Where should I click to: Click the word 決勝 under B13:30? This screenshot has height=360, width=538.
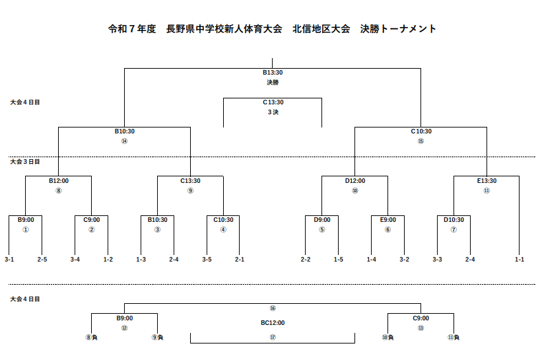click(x=273, y=83)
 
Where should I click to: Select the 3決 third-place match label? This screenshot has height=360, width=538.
click(x=273, y=112)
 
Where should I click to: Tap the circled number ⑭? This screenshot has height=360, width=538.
click(x=124, y=141)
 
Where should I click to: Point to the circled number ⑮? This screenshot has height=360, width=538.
click(x=421, y=141)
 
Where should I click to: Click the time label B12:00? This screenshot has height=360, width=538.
click(x=58, y=180)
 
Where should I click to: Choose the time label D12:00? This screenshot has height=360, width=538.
click(x=354, y=180)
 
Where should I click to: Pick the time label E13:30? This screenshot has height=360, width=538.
click(x=487, y=180)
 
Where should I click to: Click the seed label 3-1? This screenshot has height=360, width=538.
click(x=9, y=260)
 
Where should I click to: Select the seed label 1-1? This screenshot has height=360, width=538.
click(x=520, y=260)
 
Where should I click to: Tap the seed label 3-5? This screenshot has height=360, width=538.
click(x=207, y=260)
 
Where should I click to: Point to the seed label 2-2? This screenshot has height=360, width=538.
click(x=306, y=260)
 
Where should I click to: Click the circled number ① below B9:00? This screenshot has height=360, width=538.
click(x=26, y=230)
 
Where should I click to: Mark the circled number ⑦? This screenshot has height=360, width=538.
click(x=454, y=230)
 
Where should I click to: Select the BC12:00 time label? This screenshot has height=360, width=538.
click(x=273, y=323)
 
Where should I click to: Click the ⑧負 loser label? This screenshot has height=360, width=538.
click(x=92, y=338)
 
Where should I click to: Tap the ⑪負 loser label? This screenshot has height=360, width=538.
click(x=454, y=338)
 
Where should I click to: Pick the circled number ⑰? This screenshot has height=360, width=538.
click(x=273, y=338)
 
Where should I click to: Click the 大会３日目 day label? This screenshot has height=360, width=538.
click(x=25, y=161)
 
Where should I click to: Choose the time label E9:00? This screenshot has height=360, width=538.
click(x=388, y=220)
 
